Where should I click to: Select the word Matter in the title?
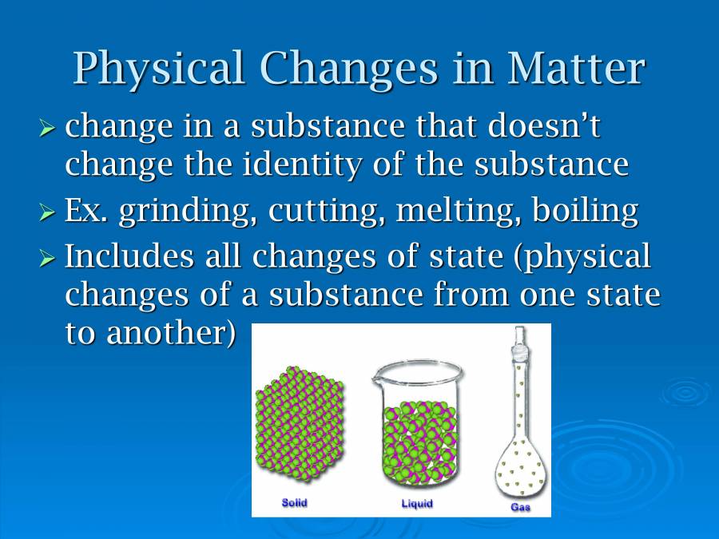pos(576,68)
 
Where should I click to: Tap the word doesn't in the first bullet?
pos(544,125)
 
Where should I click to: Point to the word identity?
pos(302,164)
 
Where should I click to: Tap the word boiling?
pos(585,212)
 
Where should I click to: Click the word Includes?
pos(129,255)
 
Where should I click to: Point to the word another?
pos(171,332)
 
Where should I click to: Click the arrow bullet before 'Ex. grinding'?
pos(47,212)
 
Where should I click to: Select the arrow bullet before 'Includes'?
pos(47,259)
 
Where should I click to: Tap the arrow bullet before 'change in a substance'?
pos(47,128)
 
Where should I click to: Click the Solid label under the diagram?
pos(294,503)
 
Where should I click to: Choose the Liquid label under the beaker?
pos(417,504)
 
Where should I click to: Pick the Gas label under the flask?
pos(520,507)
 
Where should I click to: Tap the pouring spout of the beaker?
pos(376,378)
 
